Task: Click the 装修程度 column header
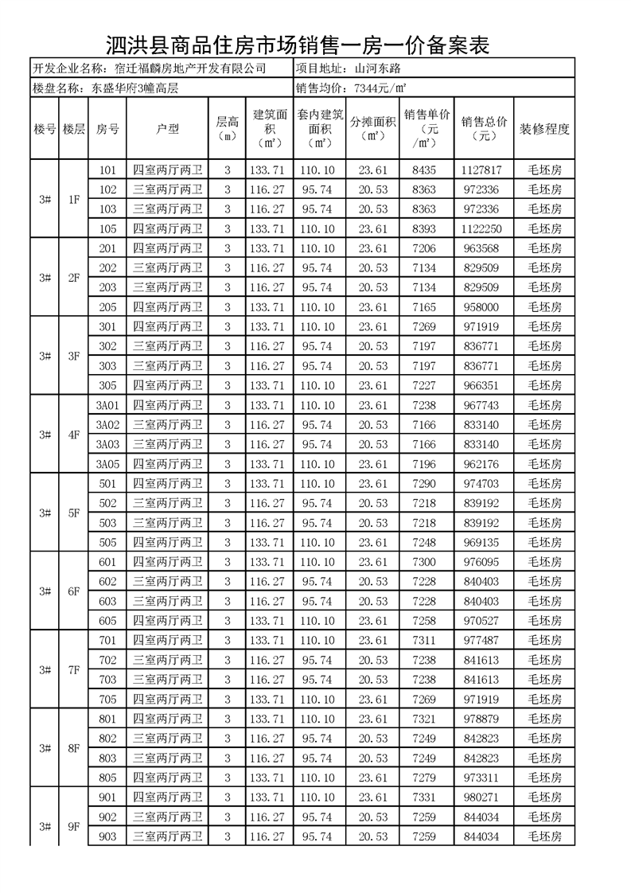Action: tap(544, 129)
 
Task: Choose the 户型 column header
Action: tap(167, 129)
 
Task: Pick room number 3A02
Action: tap(107, 424)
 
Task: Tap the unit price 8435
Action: tap(423, 170)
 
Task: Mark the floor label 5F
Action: tap(73, 513)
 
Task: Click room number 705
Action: tap(107, 699)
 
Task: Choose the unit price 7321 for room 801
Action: tap(423, 719)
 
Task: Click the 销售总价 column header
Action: tap(484, 129)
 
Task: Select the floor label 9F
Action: tap(73, 826)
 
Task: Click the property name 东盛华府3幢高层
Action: tap(135, 88)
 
